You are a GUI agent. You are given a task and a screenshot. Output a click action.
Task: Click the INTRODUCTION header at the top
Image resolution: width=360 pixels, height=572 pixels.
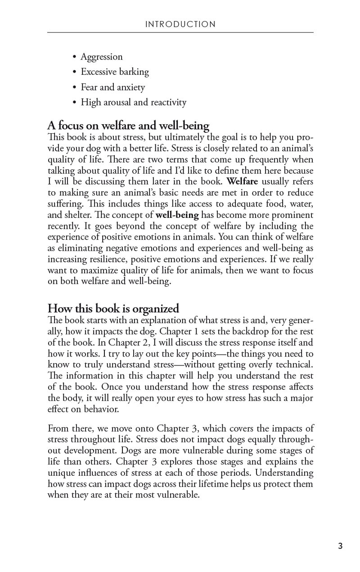pyautogui.click(x=180, y=24)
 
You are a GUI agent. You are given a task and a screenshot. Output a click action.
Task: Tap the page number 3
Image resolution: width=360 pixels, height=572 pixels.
pyautogui.click(x=340, y=546)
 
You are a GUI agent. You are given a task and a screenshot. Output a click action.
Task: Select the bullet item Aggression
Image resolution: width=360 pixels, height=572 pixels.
pyautogui.click(x=101, y=57)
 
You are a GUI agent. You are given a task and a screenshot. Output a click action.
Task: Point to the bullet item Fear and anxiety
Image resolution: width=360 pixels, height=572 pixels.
pyautogui.click(x=112, y=87)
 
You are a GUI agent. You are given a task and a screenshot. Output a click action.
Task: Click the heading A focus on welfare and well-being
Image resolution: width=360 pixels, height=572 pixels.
pyautogui.click(x=128, y=126)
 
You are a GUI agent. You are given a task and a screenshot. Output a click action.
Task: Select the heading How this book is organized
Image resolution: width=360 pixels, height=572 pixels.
pyautogui.click(x=113, y=309)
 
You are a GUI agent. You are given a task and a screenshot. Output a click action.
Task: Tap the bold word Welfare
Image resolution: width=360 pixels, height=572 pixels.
pyautogui.click(x=243, y=182)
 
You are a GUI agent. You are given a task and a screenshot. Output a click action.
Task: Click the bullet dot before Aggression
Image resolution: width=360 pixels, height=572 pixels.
pyautogui.click(x=74, y=57)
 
